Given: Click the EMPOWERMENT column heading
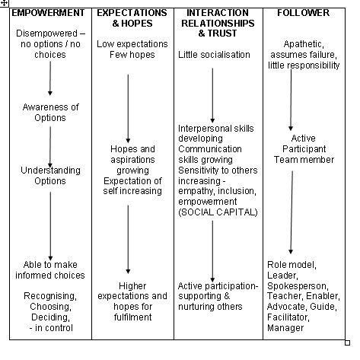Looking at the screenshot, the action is (48, 13).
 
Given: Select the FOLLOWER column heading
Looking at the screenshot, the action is (304, 13).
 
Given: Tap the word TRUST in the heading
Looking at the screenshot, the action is (222, 33).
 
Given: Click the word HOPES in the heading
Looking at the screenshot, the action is (137, 24).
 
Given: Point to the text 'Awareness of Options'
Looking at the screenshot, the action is (50, 113).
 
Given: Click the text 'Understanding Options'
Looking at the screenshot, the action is (50, 176).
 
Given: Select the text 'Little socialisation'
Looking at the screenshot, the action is (214, 55).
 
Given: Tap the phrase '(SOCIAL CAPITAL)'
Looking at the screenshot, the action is (218, 212).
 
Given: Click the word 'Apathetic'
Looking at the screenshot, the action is (304, 44).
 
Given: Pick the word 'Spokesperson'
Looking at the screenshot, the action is (298, 286).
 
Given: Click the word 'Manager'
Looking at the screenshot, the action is (285, 328).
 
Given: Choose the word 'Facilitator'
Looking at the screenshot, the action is (288, 317).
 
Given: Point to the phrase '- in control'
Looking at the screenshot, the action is (51, 328).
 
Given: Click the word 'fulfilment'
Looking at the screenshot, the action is (132, 317).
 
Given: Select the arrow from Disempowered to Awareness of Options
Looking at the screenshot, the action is (50, 78).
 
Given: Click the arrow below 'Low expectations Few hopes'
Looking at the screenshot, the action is (128, 109).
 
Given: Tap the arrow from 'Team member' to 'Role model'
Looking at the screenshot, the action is (292, 212).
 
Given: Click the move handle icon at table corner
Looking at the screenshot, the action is (5, 3).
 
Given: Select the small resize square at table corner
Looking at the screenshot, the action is (348, 343).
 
